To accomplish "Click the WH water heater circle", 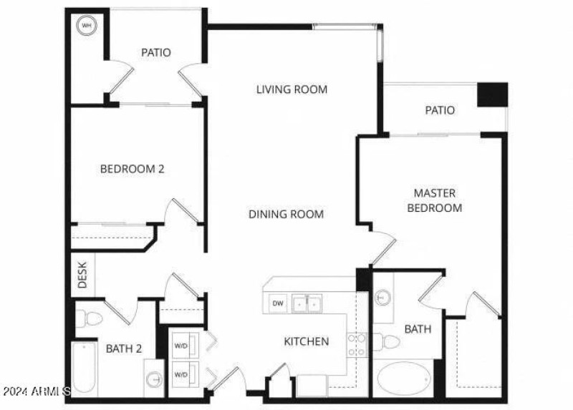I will (87, 26).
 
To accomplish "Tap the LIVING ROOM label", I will (292, 89).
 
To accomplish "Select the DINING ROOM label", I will (286, 214).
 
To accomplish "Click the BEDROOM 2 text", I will (133, 170).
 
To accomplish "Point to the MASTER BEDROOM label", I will (434, 200).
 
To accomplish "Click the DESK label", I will (82, 274).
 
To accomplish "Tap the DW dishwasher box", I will (278, 303).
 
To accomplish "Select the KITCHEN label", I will (306, 341).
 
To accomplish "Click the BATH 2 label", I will (124, 349).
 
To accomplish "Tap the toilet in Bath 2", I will (90, 316).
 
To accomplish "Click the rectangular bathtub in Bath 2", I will (85, 369).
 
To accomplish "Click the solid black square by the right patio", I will (492, 94).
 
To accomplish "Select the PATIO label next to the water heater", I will (155, 52).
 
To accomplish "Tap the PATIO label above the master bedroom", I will (440, 110).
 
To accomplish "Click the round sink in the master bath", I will (383, 296).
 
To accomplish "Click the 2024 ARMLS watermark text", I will (36, 392).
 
